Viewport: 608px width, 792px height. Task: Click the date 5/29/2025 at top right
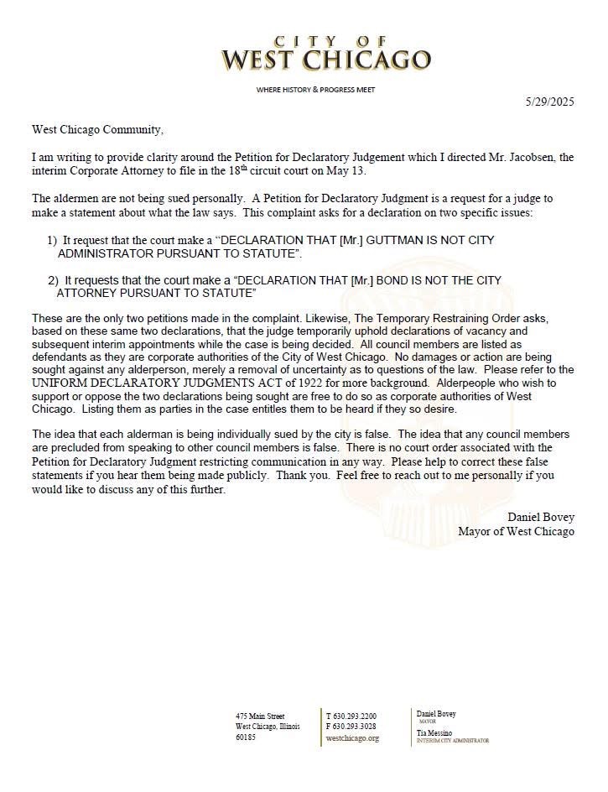pos(550,102)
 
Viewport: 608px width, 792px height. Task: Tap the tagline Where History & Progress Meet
pos(316,90)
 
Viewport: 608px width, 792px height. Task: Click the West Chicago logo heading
pos(325,55)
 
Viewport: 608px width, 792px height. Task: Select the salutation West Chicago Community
pos(97,129)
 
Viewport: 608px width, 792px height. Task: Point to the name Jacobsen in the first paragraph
pos(532,157)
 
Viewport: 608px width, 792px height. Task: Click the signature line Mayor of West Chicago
pos(516,531)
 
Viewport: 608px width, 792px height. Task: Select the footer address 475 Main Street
pos(260,716)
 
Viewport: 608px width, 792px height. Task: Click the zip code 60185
pos(246,737)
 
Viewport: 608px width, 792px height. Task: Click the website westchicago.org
pos(352,738)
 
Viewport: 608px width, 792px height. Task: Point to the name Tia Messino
pos(434,732)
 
